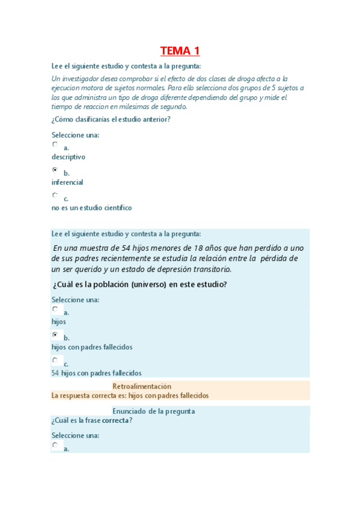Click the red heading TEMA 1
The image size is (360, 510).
180,51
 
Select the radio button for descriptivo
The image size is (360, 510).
55,144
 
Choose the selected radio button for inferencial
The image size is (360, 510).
55,170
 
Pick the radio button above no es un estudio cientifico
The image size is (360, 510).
55,195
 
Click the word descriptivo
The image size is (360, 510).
68,157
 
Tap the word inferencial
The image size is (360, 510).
67,182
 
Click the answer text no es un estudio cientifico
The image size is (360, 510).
91,208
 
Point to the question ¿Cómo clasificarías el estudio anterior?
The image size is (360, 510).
111,119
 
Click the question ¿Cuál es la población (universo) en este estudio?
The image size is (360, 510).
139,284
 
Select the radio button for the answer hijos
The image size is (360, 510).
55,309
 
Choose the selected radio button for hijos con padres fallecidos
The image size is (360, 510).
55,334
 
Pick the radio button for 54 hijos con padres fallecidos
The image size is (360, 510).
55,360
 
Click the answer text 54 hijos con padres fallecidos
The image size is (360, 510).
96,373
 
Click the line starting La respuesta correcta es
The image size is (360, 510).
130,396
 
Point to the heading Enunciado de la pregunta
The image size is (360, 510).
153,411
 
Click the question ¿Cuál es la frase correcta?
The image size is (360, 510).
92,420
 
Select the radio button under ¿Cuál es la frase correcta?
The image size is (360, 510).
55,445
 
